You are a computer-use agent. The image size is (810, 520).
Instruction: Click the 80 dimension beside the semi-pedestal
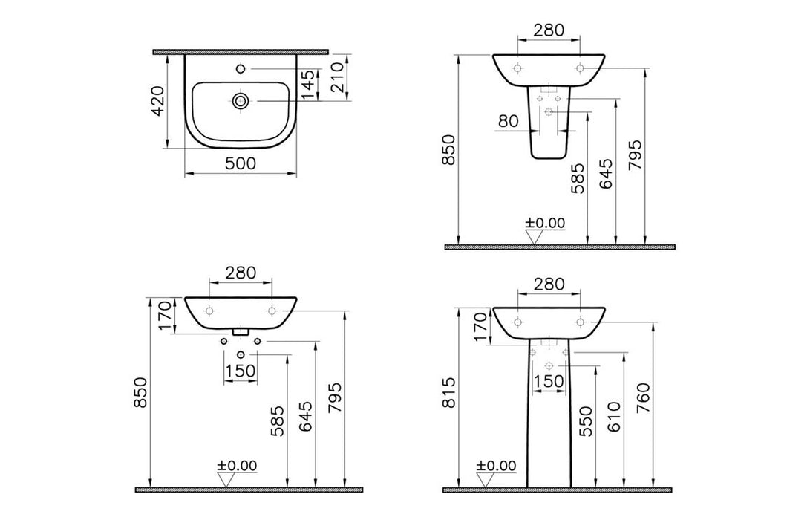[x=509, y=121]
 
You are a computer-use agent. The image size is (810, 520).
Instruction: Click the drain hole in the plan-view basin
[x=240, y=100]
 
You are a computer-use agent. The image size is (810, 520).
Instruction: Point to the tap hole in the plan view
[x=240, y=70]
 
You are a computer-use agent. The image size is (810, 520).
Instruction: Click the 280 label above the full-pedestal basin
[x=549, y=284]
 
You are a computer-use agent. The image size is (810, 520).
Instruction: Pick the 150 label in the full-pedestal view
[x=549, y=380]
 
